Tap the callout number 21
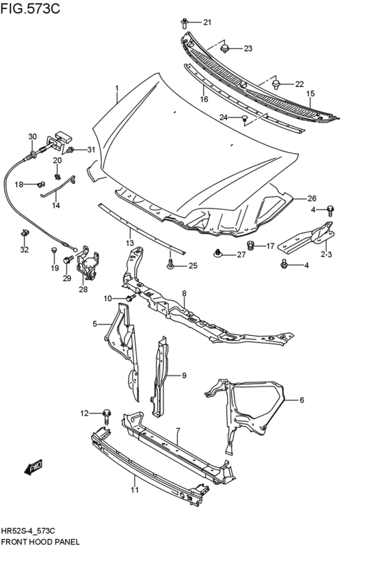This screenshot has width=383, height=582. tap(207, 23)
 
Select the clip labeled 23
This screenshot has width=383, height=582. tap(225, 49)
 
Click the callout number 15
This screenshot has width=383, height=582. tap(310, 94)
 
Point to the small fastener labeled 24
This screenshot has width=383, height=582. tap(243, 118)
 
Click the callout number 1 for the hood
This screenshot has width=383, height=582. tap(117, 88)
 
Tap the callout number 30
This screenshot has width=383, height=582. tap(32, 137)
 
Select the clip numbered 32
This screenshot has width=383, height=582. tap(25, 235)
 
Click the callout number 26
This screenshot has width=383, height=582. tap(311, 198)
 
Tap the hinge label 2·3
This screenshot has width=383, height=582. tap(326, 254)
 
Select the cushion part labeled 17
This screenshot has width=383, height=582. tap(250, 245)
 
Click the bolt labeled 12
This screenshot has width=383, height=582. tap(107, 412)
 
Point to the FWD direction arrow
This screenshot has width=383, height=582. tap(33, 468)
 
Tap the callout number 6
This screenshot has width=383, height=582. tap(301, 400)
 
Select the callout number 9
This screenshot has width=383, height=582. tap(183, 375)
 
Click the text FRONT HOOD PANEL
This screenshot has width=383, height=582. tap(41, 540)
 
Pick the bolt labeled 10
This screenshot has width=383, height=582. tap(129, 298)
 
